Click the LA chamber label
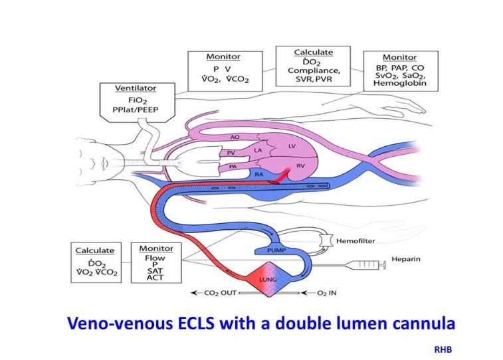pyautogui.click(x=259, y=151)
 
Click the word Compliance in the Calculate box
pyautogui.click(x=314, y=70)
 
